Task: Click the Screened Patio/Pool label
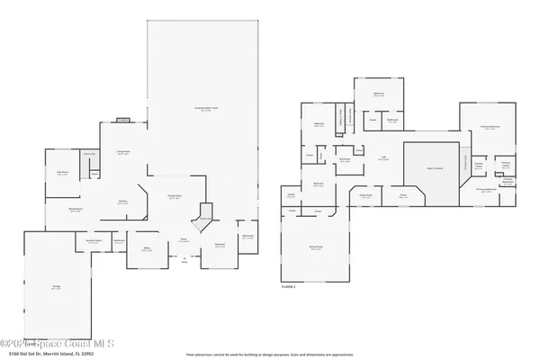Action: tap(205, 110)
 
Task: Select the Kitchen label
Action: tap(121, 202)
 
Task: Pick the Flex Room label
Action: tap(62, 173)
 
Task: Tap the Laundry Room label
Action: tap(93, 240)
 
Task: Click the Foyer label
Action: tap(183, 240)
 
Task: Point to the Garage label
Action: tap(56, 288)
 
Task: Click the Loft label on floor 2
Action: tap(383, 158)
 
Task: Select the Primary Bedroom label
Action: tap(490, 129)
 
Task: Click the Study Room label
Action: tap(366, 193)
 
